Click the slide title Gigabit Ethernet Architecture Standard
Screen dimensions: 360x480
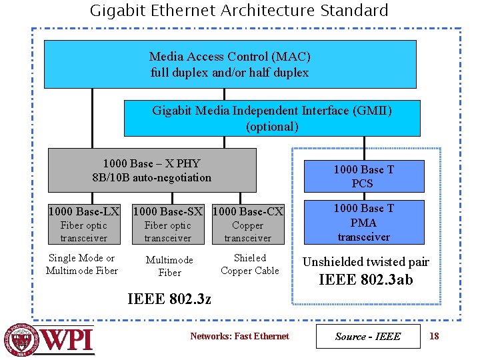[239, 11]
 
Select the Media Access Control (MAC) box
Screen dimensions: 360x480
[229, 64]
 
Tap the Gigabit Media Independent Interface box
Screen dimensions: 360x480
[272, 118]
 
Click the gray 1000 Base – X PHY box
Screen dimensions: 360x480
[151, 170]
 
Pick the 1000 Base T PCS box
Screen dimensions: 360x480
[363, 176]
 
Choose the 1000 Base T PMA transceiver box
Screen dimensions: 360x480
[363, 222]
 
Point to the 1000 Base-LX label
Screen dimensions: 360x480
[84, 212]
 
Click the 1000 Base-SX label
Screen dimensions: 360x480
[168, 212]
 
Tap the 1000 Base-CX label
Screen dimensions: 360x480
[247, 212]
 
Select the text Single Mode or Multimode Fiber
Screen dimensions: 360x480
[82, 264]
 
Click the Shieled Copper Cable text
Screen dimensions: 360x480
[250, 264]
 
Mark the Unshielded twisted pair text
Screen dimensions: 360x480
[366, 262]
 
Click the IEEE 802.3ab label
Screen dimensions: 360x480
[366, 280]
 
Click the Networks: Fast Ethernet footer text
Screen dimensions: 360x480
[239, 336]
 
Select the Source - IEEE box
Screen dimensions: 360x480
[368, 336]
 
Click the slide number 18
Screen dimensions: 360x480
[434, 336]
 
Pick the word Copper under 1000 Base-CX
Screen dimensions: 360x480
[247, 225]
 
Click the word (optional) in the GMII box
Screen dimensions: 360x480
[272, 126]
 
